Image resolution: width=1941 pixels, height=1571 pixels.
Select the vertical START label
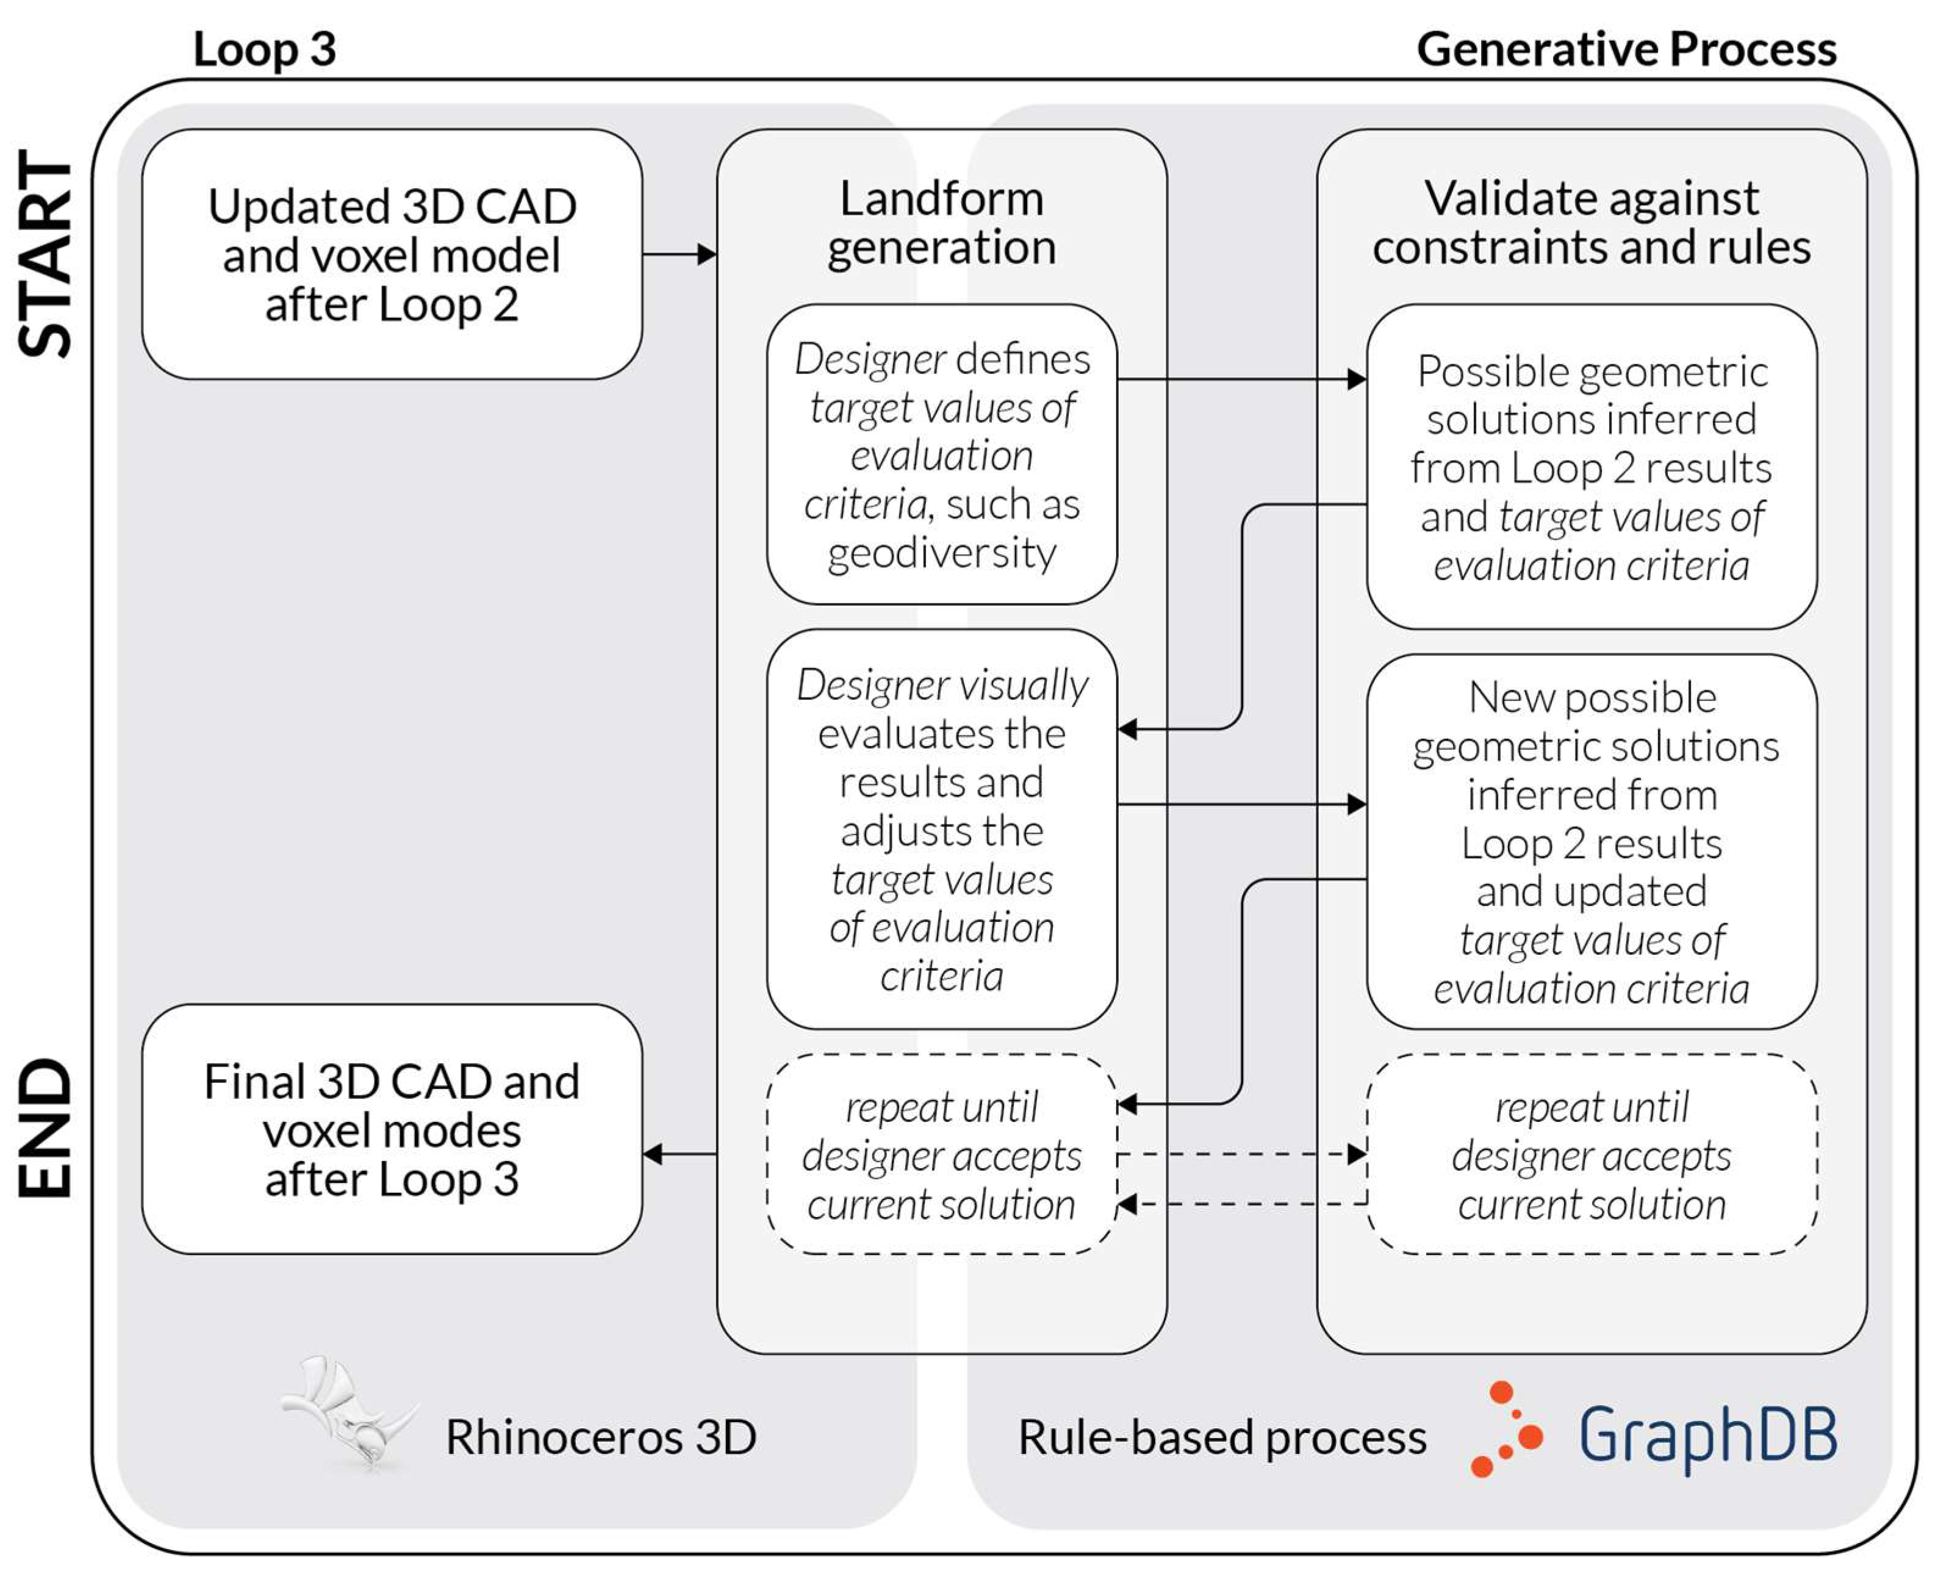click(45, 254)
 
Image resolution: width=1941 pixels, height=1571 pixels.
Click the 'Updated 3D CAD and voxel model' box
click(392, 254)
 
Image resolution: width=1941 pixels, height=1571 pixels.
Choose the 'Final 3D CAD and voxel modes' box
click(392, 1129)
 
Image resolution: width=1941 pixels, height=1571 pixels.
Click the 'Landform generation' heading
click(941, 223)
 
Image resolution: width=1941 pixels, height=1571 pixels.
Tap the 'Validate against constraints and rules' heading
click(1591, 223)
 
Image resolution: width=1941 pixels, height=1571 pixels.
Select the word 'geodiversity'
click(941, 552)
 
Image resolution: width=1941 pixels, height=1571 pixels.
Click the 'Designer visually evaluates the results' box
click(941, 829)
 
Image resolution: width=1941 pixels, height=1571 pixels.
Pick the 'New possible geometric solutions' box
click(1591, 841)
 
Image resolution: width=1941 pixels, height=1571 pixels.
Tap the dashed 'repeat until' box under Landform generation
click(941, 1155)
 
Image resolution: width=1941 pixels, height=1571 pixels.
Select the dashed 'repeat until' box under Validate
click(1591, 1155)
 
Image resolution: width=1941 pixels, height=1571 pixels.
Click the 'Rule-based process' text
click(1222, 1437)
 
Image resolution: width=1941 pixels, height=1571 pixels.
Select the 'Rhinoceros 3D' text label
click(600, 1437)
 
